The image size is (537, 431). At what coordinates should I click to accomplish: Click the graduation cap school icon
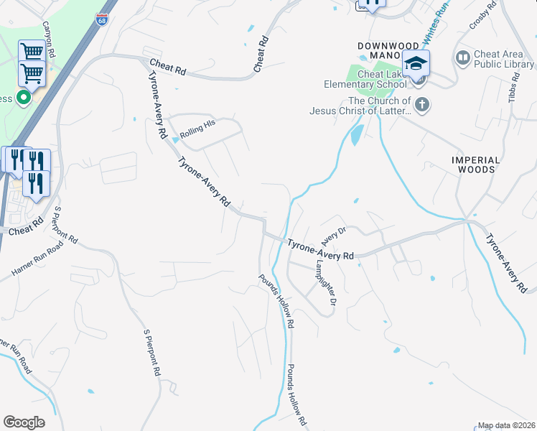click(416, 63)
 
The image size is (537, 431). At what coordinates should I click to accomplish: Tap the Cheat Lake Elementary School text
click(382, 78)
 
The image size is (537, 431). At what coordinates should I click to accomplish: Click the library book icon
click(463, 56)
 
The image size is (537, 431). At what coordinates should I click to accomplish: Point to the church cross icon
click(422, 106)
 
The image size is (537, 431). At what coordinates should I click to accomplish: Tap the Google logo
click(24, 422)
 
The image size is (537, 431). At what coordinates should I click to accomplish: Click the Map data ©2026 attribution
click(507, 425)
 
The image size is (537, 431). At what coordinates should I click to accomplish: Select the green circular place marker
click(24, 97)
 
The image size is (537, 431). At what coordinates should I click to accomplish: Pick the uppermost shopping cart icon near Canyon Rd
click(32, 52)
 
